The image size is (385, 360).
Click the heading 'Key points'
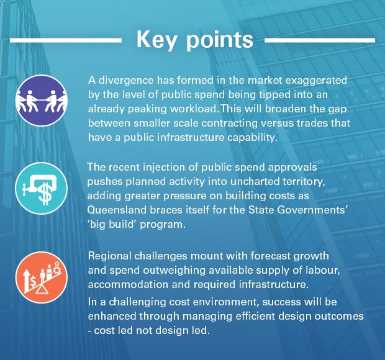(194, 40)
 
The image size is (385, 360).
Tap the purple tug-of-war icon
(41, 101)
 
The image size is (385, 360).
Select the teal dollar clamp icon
(41, 189)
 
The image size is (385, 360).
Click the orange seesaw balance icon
(41, 277)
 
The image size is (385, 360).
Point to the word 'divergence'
(125, 81)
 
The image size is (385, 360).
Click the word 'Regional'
(110, 256)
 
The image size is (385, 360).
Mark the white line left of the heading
(66, 40)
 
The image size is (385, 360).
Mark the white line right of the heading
(320, 40)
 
